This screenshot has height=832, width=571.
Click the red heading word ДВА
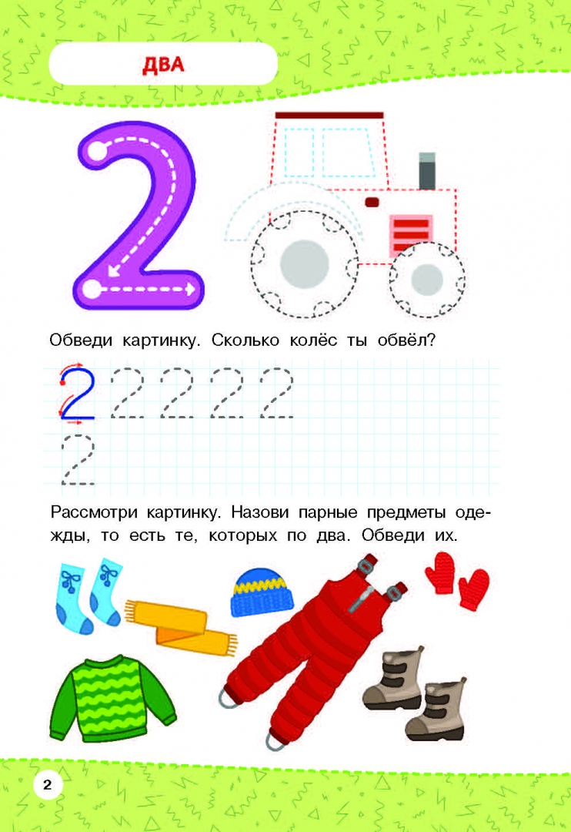[x=163, y=64]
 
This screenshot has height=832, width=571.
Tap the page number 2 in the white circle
[x=47, y=785]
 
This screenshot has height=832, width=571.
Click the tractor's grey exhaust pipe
[x=427, y=171]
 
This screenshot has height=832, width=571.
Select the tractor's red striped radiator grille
[x=412, y=233]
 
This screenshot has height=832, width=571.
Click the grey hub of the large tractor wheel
[x=305, y=264]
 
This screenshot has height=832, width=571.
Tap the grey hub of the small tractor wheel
[x=427, y=279]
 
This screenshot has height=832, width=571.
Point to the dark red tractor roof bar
[x=329, y=115]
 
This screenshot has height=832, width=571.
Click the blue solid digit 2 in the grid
[x=78, y=393]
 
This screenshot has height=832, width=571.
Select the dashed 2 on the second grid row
[x=78, y=459]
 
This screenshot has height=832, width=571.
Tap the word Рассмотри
[x=94, y=513]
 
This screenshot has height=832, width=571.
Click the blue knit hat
[x=262, y=592]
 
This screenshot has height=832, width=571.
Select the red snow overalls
[x=312, y=650]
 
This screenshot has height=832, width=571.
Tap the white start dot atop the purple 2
[x=96, y=151]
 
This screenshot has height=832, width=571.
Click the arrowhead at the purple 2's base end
[x=190, y=290]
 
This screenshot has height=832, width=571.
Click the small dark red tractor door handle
[x=372, y=202]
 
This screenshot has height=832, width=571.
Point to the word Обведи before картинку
[x=81, y=340]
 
